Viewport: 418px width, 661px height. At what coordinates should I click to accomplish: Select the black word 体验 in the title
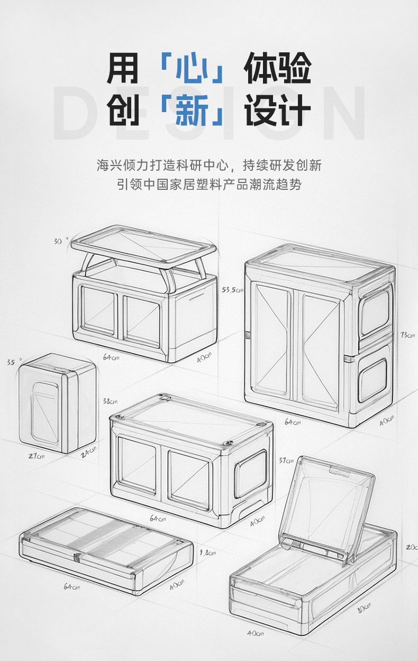[277, 70]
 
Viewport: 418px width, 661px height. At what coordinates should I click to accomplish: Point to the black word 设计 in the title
[277, 111]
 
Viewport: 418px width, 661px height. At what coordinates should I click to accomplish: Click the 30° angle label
[61, 241]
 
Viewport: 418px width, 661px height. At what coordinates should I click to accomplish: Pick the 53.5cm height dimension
[233, 290]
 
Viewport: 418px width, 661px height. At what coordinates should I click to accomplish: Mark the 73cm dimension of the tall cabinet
[408, 335]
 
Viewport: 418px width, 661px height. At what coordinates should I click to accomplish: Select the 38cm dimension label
[110, 401]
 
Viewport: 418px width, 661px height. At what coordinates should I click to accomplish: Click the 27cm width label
[36, 456]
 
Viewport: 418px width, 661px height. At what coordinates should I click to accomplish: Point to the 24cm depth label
[89, 451]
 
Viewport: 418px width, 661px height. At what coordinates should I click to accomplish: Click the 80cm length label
[364, 609]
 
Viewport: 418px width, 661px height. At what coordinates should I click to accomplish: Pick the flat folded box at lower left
[106, 550]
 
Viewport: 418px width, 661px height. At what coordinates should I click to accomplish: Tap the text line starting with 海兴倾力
[209, 166]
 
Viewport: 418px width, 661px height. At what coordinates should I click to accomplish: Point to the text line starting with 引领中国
[209, 185]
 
